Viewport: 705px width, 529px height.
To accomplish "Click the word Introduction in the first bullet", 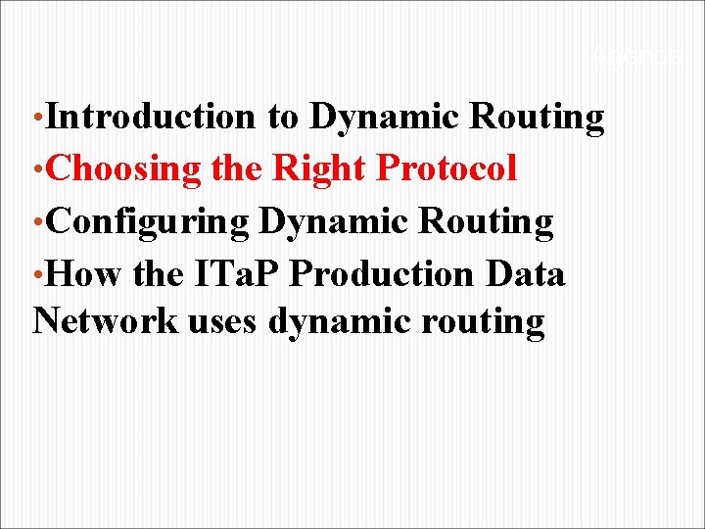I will coord(150,117).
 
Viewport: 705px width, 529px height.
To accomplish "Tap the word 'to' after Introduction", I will coord(283,117).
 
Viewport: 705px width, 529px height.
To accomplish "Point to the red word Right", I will coord(320,169).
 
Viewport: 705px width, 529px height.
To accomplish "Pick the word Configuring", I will coord(147,222).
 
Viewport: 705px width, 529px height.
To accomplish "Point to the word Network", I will coord(105,320).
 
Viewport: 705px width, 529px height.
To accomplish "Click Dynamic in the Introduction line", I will coord(386,117).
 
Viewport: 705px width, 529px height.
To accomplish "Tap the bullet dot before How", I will coord(37,277).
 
